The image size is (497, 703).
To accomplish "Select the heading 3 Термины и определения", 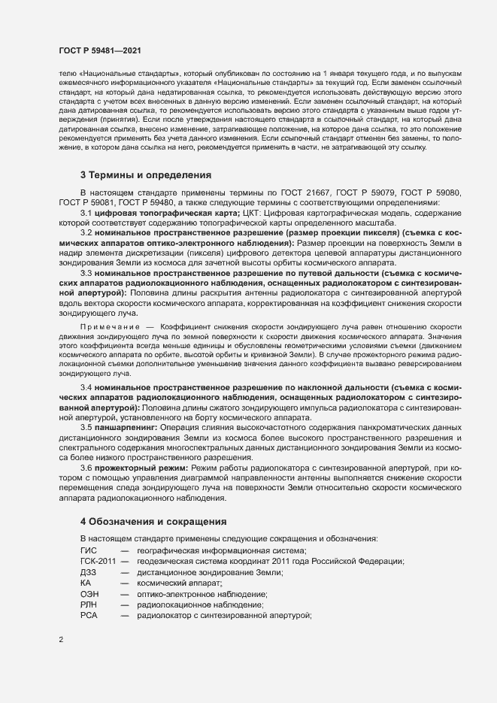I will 146,175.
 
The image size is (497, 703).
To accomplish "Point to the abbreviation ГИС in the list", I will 89,550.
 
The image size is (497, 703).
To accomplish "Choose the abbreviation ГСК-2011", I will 98,562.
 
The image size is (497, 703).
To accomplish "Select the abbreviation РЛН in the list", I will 89,605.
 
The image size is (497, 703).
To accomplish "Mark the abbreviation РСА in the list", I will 89,615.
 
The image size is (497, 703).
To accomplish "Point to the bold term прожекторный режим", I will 138,468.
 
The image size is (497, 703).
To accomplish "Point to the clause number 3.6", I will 86,468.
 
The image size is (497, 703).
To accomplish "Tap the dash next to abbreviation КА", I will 124,583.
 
